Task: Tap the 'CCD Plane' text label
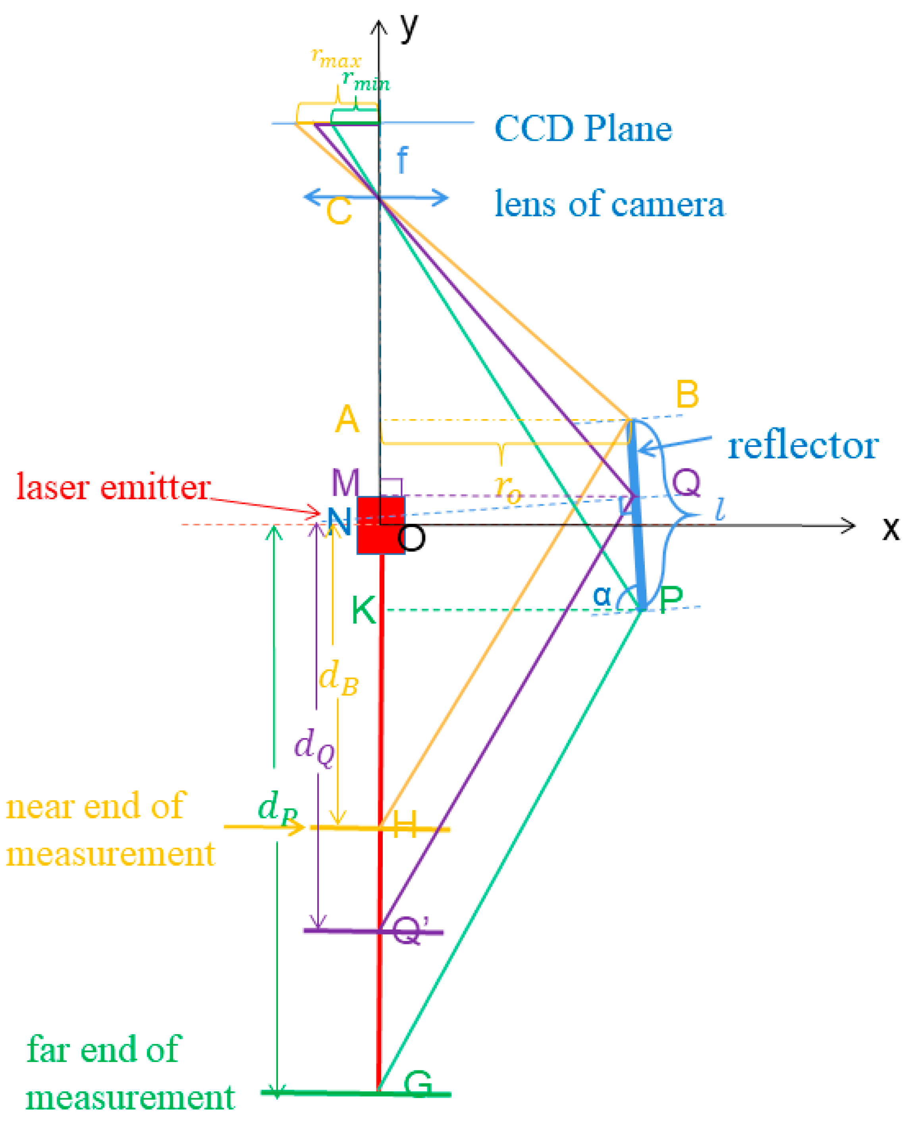pyautogui.click(x=582, y=128)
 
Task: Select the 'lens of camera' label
pyautogui.click(x=609, y=204)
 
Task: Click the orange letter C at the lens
pyautogui.click(x=339, y=211)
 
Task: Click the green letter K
pyautogui.click(x=364, y=610)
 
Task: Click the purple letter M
pyautogui.click(x=345, y=483)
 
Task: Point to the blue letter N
pyautogui.click(x=339, y=522)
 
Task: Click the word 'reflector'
pyautogui.click(x=803, y=446)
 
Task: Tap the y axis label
pyautogui.click(x=409, y=27)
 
